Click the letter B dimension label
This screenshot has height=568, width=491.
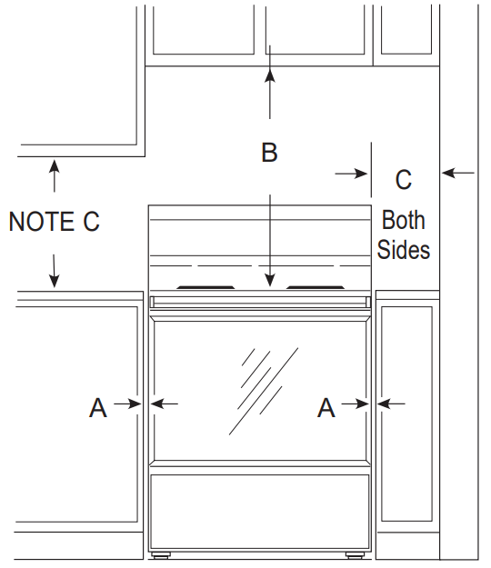(269, 153)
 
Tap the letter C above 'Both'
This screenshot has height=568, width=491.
(404, 180)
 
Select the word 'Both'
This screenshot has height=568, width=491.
(403, 220)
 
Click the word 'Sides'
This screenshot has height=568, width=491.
(403, 249)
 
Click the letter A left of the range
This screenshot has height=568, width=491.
(97, 410)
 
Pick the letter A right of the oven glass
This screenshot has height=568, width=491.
(326, 410)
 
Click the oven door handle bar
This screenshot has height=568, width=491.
(262, 301)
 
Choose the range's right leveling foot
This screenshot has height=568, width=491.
(353, 553)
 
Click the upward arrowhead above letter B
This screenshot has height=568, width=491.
(269, 75)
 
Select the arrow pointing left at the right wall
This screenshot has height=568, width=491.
(449, 171)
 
